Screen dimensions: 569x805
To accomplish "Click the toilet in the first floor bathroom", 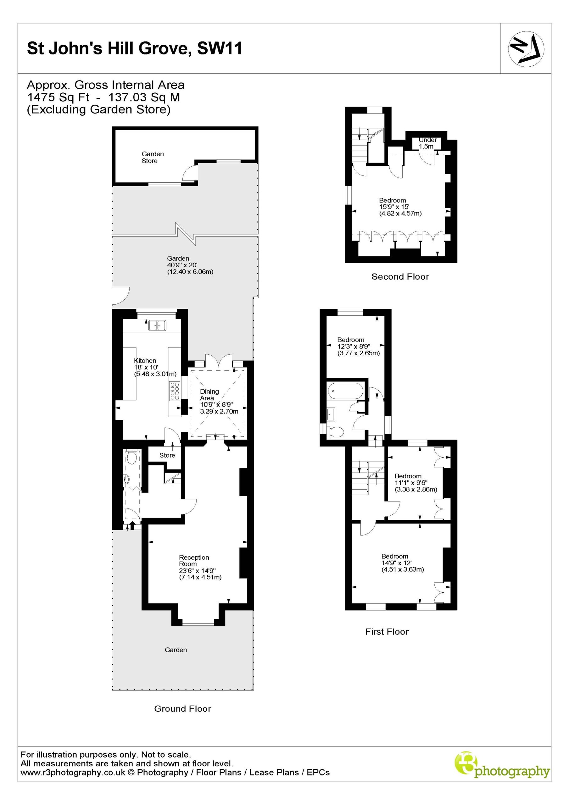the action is click(x=335, y=432).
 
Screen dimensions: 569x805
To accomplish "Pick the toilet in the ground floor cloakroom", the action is click(x=132, y=457).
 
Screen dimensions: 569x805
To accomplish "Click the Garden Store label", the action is click(x=153, y=158).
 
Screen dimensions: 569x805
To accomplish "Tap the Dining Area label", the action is click(x=209, y=395).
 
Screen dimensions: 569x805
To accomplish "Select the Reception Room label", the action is click(x=194, y=561).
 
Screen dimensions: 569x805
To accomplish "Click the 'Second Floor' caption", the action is click(x=400, y=277).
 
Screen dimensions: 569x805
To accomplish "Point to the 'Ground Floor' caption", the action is click(x=183, y=708).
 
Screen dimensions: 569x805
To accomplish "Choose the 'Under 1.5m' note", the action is click(x=427, y=143).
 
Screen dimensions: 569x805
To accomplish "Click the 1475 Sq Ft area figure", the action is click(x=59, y=97).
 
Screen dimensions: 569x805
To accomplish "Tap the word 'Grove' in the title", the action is click(x=164, y=48).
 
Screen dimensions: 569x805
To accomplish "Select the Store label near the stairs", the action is click(x=167, y=455).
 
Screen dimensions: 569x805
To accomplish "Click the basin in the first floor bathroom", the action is click(x=331, y=414).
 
